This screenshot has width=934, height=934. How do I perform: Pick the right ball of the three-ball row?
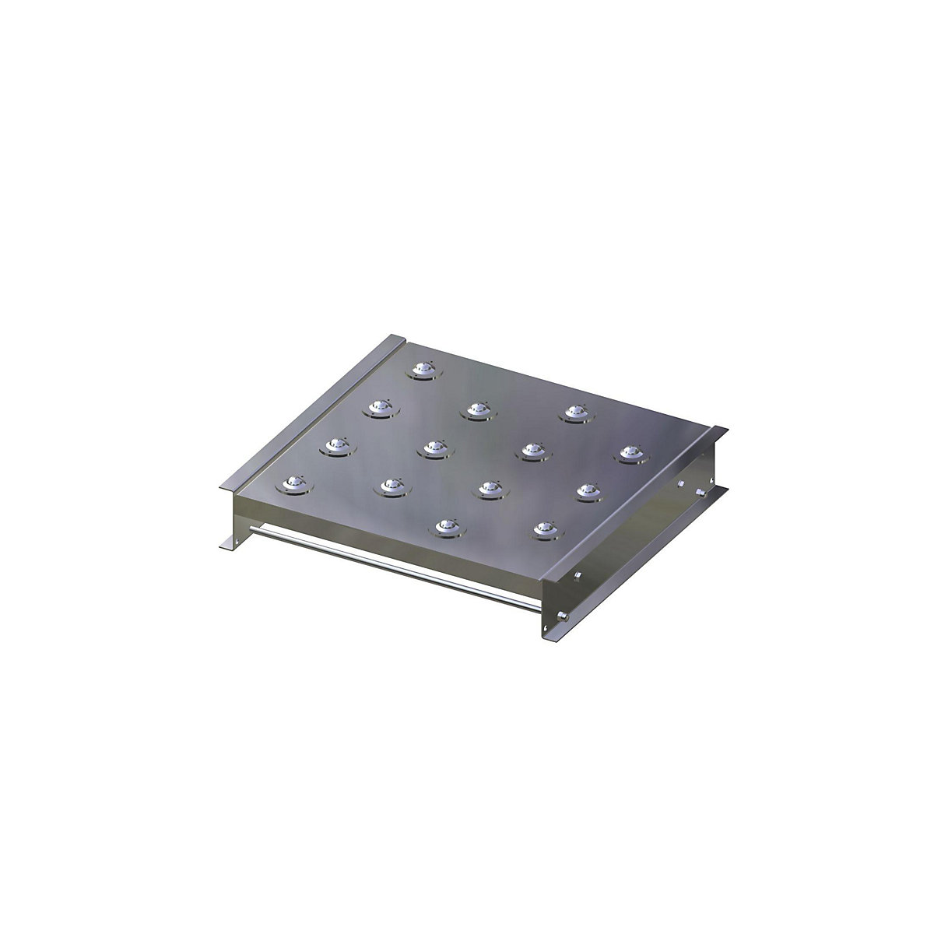click(575, 412)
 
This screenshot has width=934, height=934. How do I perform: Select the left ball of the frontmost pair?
click(446, 526)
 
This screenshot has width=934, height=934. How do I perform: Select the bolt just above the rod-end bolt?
click(578, 577)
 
